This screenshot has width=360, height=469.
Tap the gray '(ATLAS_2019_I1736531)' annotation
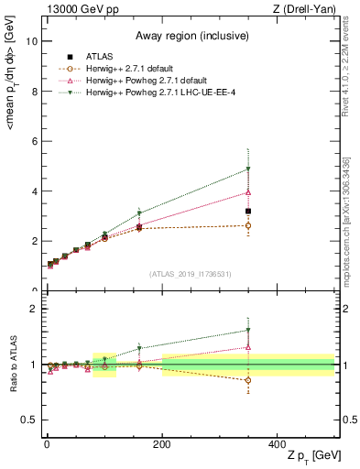190,274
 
